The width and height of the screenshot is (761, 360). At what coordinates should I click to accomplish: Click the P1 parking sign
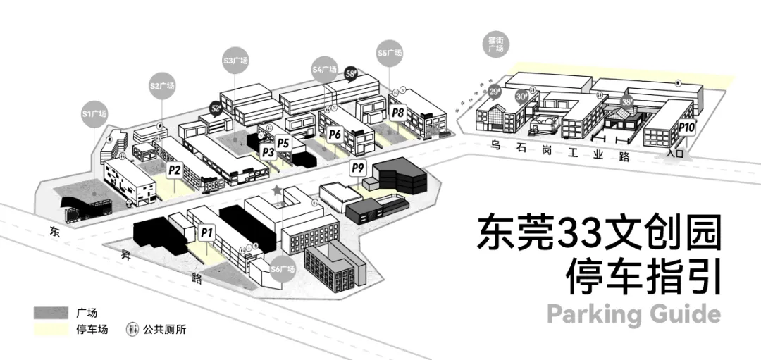pyautogui.click(x=206, y=231)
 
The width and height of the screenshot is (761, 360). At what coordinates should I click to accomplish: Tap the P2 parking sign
pyautogui.click(x=175, y=170)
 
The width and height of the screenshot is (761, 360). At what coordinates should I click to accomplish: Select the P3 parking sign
pyautogui.click(x=268, y=151)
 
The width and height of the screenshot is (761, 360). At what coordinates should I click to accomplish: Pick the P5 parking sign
pyautogui.click(x=283, y=142)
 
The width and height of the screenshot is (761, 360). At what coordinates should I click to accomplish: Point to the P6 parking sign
pyautogui.click(x=335, y=134)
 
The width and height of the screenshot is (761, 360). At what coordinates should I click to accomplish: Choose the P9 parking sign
pyautogui.click(x=358, y=168)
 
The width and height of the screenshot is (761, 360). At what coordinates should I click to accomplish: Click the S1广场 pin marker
pyautogui.click(x=94, y=115)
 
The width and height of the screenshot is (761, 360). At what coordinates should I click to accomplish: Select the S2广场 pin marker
pyautogui.click(x=162, y=87)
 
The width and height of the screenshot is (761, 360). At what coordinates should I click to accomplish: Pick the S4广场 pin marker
pyautogui.click(x=325, y=70)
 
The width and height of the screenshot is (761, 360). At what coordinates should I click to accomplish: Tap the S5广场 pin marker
pyautogui.click(x=389, y=54)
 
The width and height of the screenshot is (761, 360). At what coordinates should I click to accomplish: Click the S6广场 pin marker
pyautogui.click(x=283, y=270)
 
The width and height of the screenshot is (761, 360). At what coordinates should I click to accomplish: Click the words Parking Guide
pyautogui.click(x=633, y=314)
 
